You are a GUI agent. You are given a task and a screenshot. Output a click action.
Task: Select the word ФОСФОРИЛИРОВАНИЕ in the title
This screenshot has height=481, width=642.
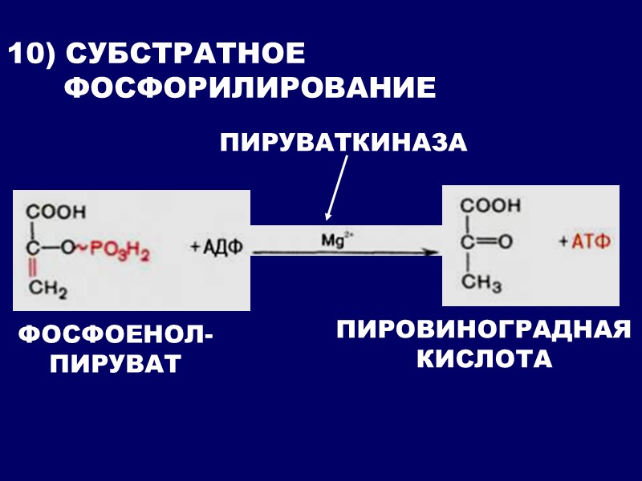(x=250, y=87)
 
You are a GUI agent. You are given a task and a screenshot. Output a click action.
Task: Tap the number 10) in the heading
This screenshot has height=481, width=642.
(x=30, y=55)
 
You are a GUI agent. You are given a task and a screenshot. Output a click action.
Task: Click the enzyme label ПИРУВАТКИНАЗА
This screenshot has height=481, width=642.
(x=343, y=143)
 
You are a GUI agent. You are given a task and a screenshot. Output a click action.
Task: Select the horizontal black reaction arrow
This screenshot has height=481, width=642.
(x=345, y=252)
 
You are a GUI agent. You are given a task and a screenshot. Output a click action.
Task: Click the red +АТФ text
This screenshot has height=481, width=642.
(x=585, y=241)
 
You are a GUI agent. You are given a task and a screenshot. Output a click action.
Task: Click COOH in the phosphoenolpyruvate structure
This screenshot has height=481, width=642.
(x=55, y=212)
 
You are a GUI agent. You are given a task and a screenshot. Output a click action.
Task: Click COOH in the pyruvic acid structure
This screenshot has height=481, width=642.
(x=490, y=205)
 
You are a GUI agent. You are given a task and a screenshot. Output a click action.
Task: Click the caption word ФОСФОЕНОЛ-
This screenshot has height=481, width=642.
(x=116, y=334)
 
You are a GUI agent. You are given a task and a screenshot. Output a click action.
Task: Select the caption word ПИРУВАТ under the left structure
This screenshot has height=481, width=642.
(x=116, y=365)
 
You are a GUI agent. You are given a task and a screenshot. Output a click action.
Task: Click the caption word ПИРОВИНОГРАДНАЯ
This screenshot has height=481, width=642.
(x=483, y=329)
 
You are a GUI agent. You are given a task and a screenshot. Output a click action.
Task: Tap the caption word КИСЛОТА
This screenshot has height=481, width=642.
(x=483, y=358)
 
